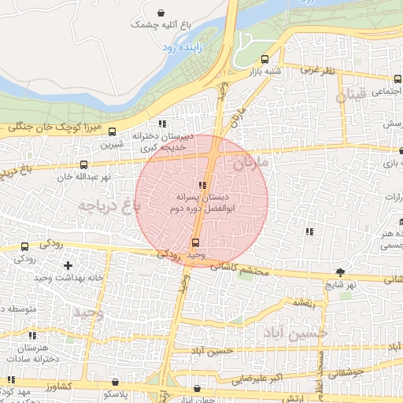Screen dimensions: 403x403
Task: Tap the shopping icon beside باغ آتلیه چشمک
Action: pyautogui.click(x=161, y=13)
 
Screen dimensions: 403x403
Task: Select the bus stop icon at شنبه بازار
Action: pyautogui.click(x=264, y=59)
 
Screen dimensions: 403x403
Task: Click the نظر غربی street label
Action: pyautogui.click(x=318, y=70)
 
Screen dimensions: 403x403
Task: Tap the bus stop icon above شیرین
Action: pyautogui.click(x=112, y=132)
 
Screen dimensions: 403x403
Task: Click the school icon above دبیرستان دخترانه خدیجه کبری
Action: pyautogui.click(x=162, y=124)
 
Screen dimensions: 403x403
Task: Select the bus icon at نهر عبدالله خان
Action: pyautogui.click(x=83, y=165)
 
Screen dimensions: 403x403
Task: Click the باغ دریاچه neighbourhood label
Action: pyautogui.click(x=108, y=205)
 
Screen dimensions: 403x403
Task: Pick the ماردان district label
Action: pyautogui.click(x=251, y=163)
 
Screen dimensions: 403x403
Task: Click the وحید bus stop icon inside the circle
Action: pyautogui.click(x=195, y=242)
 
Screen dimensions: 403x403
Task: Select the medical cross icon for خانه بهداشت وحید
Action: pyautogui.click(x=68, y=265)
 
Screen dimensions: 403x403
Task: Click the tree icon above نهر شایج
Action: pyautogui.click(x=340, y=271)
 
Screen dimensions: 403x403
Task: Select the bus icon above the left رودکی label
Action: pyautogui.click(x=24, y=246)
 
